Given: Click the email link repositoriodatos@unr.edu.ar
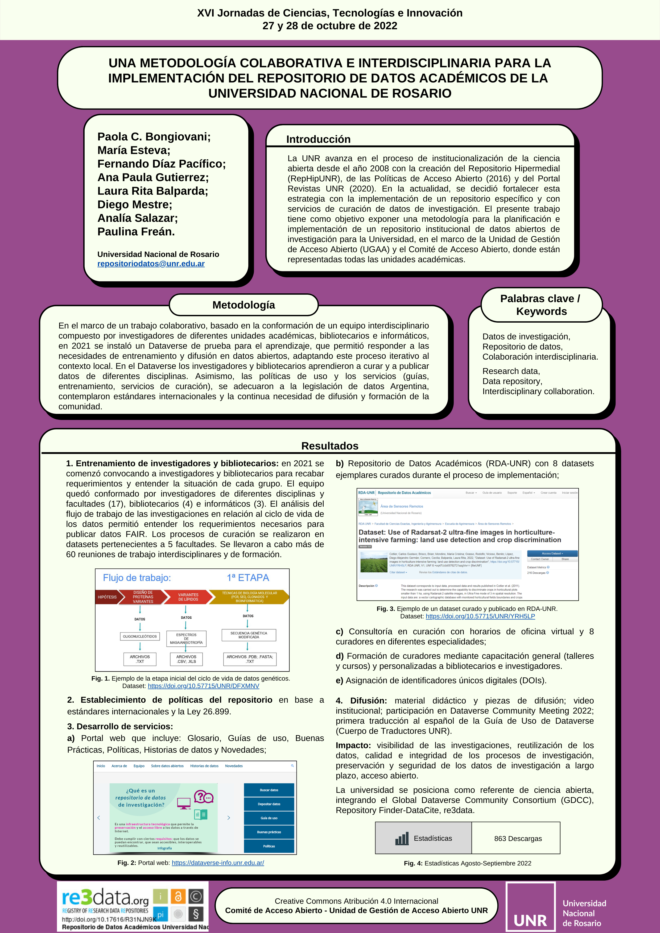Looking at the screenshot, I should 151,264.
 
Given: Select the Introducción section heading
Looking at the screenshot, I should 318,139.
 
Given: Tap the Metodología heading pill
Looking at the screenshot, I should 244,305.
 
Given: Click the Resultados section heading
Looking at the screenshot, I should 330,446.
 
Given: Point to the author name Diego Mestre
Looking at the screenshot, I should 135,205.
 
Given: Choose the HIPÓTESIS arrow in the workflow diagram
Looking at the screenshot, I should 107,597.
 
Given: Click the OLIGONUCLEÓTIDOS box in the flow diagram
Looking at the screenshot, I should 140,636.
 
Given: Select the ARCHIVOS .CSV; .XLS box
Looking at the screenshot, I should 186,659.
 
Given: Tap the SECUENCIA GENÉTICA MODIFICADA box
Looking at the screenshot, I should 249,635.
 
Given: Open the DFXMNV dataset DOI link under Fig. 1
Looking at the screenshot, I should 203,686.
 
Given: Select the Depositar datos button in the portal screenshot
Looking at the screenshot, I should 269,804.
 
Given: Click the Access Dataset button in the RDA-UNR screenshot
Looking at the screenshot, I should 552,553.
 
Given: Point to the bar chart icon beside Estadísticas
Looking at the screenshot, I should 402,838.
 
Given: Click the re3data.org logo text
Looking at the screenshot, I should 105,897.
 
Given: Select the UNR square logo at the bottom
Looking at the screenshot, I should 530,907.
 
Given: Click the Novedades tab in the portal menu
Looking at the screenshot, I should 234,766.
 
